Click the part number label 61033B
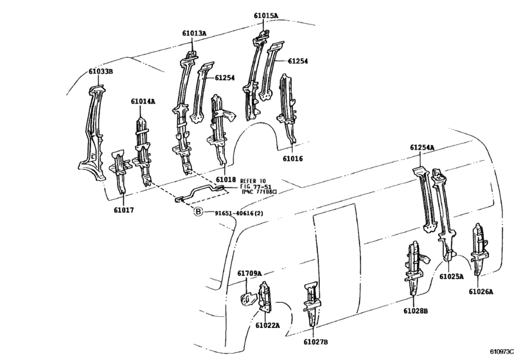101,71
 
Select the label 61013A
194,33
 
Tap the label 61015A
266,15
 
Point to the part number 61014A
143,101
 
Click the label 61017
123,210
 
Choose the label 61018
225,180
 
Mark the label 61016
293,159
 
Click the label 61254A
422,147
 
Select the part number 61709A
249,273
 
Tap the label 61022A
267,325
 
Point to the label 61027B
315,342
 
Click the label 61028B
416,311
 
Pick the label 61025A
451,276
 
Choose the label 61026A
481,291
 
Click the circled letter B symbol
198,212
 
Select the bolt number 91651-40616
230,213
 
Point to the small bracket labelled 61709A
247,299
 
